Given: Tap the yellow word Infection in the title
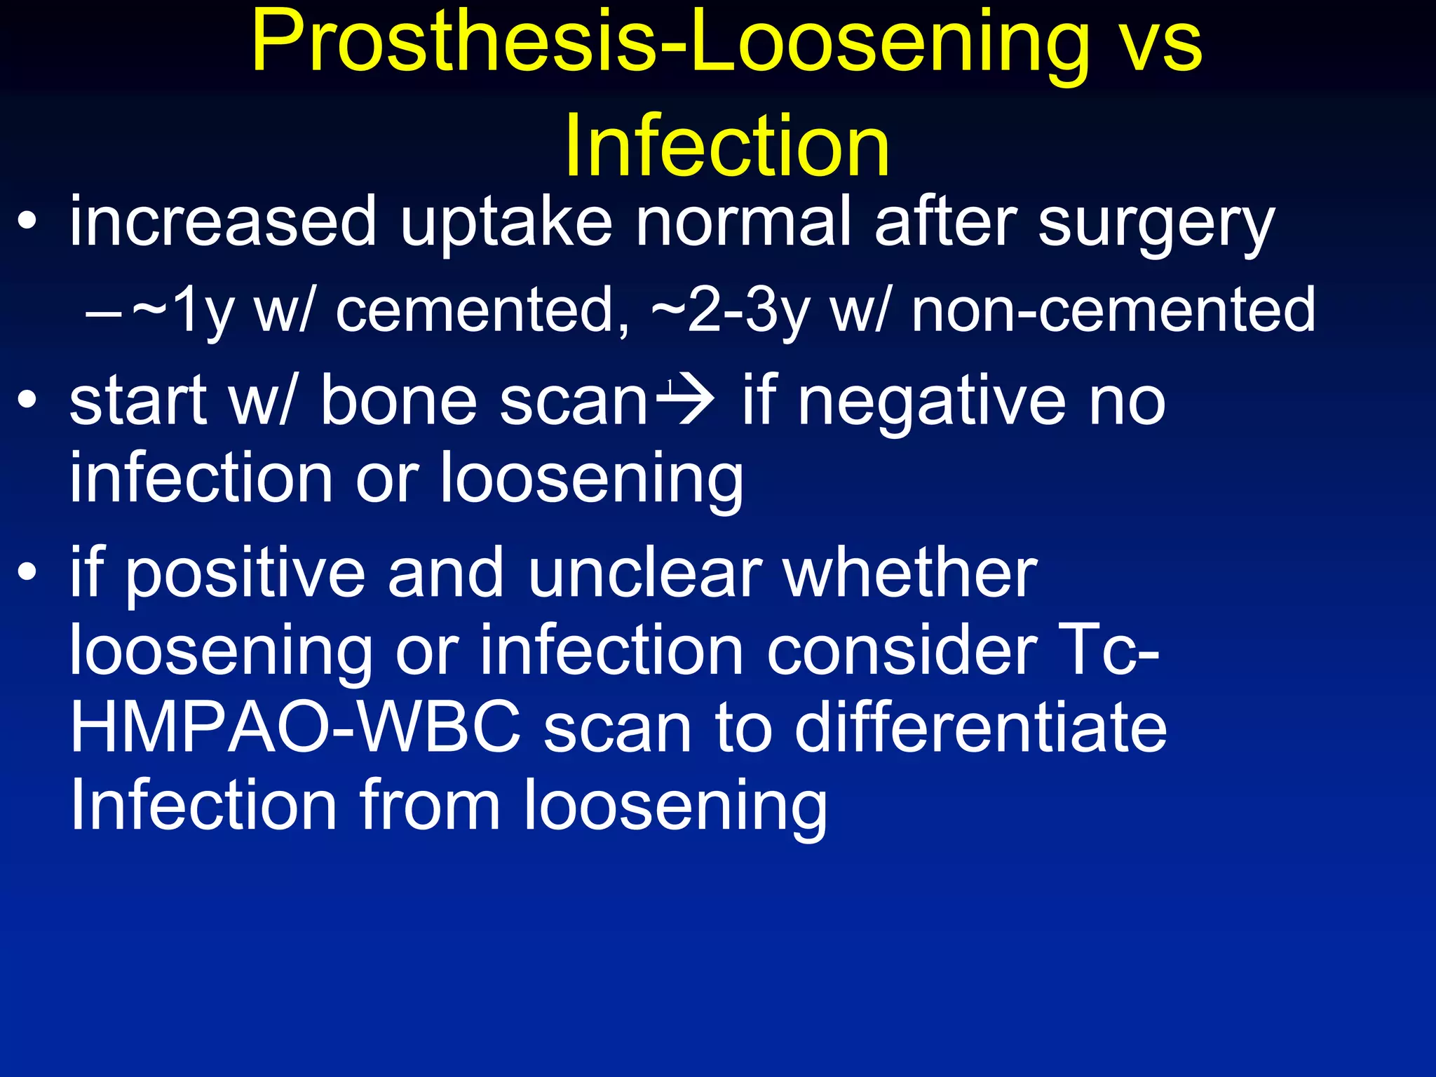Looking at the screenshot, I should click(726, 146).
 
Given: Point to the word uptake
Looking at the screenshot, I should click(506, 223).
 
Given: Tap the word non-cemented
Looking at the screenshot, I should click(1113, 309).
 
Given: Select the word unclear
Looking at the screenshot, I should click(644, 574).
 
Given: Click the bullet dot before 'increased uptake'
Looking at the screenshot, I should click(27, 222).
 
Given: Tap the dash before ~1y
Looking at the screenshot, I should click(102, 312).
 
